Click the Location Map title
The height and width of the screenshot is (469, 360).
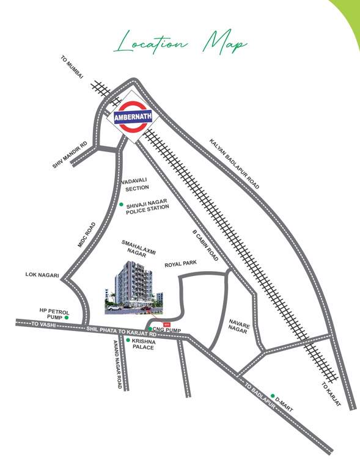(180, 43)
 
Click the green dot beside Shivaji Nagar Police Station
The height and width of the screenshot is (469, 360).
(121, 205)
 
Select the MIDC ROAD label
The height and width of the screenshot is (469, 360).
(87, 234)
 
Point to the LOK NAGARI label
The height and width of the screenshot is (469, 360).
(42, 275)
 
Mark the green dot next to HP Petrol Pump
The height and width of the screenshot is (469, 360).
(67, 318)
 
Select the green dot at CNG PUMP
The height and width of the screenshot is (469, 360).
(150, 329)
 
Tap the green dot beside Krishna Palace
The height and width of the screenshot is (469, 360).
(127, 340)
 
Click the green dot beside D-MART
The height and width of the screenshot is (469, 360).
(273, 396)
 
